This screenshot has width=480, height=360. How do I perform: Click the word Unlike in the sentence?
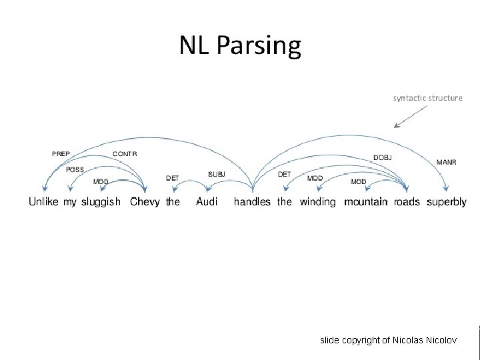click(43, 201)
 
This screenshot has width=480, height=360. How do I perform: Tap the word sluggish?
click(101, 202)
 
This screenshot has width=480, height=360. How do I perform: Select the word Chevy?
click(145, 201)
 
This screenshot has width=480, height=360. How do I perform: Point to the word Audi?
click(207, 201)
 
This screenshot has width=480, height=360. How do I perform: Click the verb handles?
click(252, 201)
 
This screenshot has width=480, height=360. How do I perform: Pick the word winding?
click(317, 202)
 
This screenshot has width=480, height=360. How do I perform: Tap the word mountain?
click(365, 201)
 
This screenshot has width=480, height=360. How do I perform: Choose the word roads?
click(407, 201)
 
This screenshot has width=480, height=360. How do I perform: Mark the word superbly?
click(446, 202)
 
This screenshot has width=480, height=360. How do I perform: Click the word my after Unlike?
click(70, 202)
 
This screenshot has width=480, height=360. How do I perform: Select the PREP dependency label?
click(61, 154)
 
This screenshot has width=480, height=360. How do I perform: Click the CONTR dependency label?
click(125, 154)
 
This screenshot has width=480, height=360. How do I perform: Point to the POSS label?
click(75, 169)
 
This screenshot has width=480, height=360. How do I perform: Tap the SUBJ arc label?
click(217, 173)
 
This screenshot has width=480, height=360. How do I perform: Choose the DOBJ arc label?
click(383, 158)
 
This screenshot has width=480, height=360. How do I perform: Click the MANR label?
click(446, 163)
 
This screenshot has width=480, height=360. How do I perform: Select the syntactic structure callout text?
click(427, 98)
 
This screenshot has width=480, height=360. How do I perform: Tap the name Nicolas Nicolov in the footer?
click(425, 340)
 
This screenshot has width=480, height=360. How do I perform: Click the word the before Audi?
click(173, 201)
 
